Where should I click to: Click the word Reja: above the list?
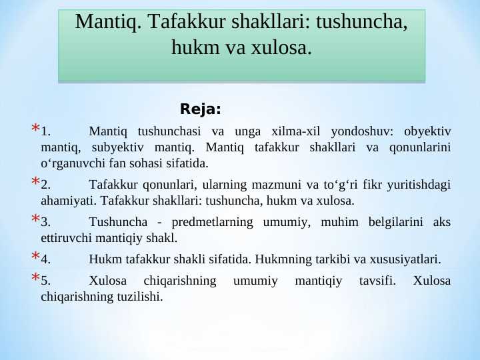pyautogui.click(x=201, y=109)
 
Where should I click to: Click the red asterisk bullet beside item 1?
pyautogui.click(x=34, y=129)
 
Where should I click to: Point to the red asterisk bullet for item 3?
pyautogui.click(x=34, y=219)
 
